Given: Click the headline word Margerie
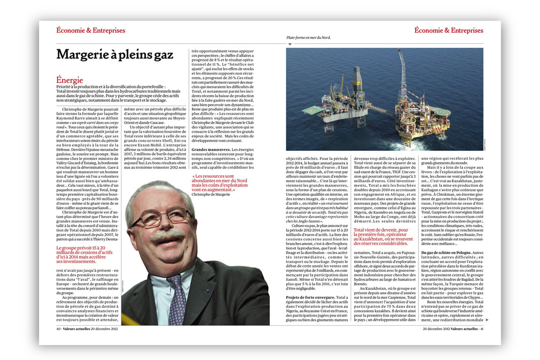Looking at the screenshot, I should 81,54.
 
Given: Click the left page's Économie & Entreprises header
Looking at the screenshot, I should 91,30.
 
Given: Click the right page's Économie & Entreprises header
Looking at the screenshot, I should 449,30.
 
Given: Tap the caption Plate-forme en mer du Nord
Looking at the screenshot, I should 309,38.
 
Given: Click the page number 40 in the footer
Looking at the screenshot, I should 59,329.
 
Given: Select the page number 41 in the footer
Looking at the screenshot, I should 481,329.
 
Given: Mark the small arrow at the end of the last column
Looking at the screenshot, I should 487,320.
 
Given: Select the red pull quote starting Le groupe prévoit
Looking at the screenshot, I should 84,254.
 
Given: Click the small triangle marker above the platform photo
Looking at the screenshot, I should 290,44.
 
